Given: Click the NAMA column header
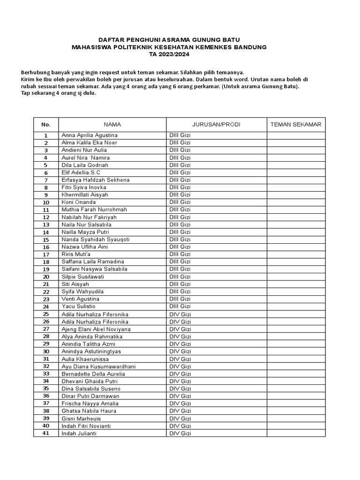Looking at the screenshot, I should click(x=112, y=125).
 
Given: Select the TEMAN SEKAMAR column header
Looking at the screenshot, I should click(x=296, y=125).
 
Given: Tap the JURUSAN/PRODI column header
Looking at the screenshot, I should click(x=216, y=125).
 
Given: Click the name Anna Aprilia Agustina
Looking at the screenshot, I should click(x=90, y=135).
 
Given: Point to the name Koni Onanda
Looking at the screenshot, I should click(x=78, y=202).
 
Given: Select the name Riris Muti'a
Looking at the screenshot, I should click(x=76, y=254).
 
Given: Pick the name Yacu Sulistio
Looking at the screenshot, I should click(x=78, y=307).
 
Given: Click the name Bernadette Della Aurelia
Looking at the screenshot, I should click(x=93, y=374).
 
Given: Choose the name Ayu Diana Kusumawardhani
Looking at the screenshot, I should click(x=99, y=366).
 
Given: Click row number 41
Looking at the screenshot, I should click(x=46, y=433).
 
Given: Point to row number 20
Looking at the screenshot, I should click(x=46, y=277).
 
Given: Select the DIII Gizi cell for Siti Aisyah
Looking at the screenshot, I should click(x=180, y=284).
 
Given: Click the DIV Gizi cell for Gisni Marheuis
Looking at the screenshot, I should click(x=180, y=418).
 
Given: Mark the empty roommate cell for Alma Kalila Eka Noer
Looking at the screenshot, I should click(x=296, y=142).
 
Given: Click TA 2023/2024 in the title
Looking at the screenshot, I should click(x=169, y=54).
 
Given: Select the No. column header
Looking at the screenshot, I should click(x=45, y=125).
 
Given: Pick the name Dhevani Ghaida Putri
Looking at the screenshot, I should click(x=90, y=381).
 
